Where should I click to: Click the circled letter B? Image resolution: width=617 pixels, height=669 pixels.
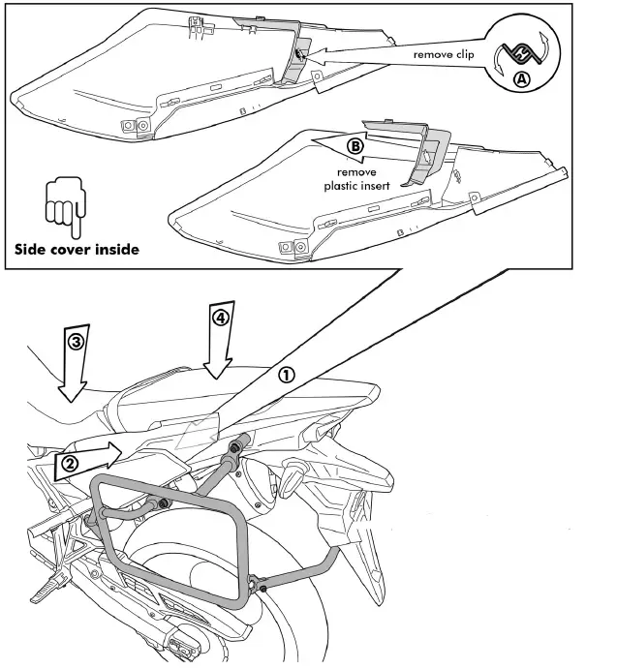click(355, 146)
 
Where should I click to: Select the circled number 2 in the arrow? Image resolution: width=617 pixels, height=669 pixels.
click(70, 465)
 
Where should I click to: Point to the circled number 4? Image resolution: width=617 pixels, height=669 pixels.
click(222, 319)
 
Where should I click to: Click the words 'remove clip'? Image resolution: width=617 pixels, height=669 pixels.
click(444, 54)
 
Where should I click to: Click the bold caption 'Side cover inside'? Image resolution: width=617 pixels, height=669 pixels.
click(77, 249)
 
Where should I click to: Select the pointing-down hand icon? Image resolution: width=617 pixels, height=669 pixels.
click(61, 204)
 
